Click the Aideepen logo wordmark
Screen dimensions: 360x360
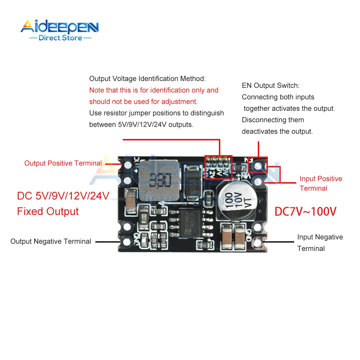[x=59, y=27]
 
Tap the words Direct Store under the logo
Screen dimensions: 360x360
[x=60, y=38]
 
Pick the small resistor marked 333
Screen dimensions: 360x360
[x=238, y=168]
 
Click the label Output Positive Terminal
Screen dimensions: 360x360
[x=63, y=163]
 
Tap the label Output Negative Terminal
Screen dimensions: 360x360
[x=51, y=241]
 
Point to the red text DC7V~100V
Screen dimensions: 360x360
[x=305, y=211]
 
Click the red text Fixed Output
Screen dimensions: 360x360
[x=48, y=211]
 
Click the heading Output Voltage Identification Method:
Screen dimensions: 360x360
[x=148, y=78]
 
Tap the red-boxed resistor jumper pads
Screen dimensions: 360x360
[x=219, y=167]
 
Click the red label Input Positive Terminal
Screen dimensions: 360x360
[x=320, y=183]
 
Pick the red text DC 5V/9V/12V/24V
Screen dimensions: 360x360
[x=63, y=196]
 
